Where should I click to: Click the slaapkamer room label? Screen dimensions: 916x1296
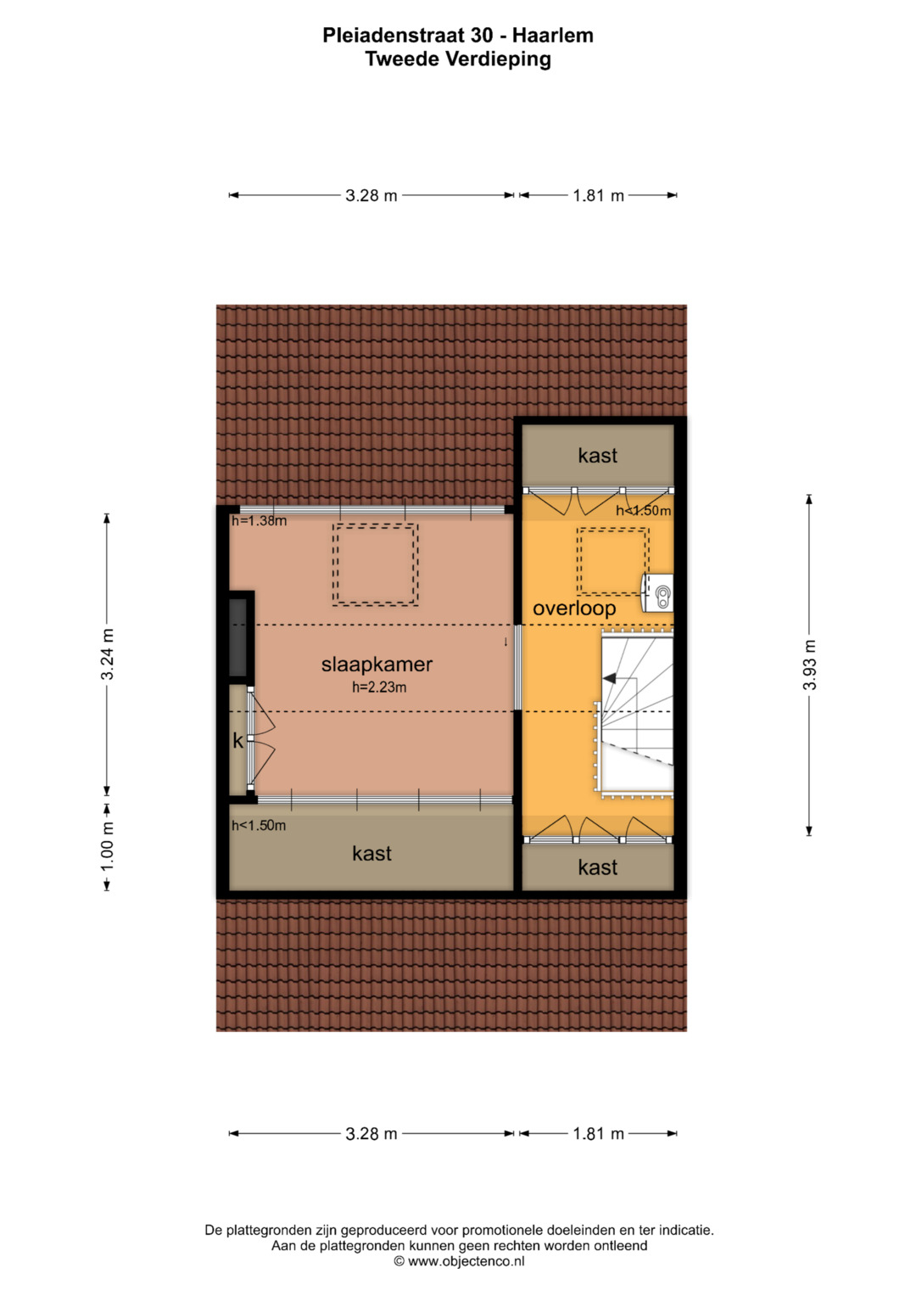point(377,665)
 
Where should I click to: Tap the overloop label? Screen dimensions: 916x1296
point(574,608)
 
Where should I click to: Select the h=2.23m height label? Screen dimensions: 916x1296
point(379,687)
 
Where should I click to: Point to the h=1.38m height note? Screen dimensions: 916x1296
point(259,521)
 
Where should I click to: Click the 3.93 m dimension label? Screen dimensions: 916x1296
point(809,665)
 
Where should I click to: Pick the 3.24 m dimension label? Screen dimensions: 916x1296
point(107,654)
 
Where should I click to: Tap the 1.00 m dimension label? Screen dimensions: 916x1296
point(107,846)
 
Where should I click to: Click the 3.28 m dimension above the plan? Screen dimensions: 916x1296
point(371,195)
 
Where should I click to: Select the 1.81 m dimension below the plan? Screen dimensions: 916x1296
point(599,1133)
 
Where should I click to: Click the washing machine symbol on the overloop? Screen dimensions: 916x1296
point(659,593)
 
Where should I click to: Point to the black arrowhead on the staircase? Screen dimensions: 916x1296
point(609,678)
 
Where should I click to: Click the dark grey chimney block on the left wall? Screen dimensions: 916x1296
point(238,637)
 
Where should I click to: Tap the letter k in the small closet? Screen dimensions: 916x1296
point(237,741)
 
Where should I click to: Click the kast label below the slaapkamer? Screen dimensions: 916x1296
point(371,854)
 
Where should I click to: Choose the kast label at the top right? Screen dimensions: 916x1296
point(598,455)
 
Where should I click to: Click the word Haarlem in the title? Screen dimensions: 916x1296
point(553,36)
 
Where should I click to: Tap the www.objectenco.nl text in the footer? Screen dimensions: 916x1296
point(466,1261)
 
